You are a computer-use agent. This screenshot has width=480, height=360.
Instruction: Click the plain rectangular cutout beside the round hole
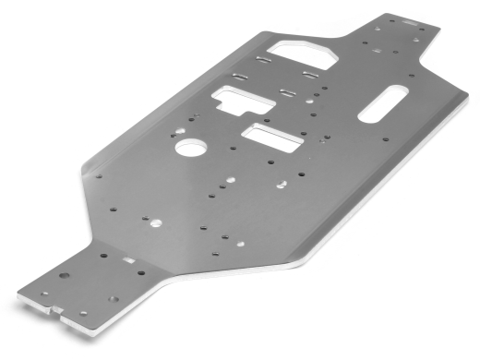tap(271, 139)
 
